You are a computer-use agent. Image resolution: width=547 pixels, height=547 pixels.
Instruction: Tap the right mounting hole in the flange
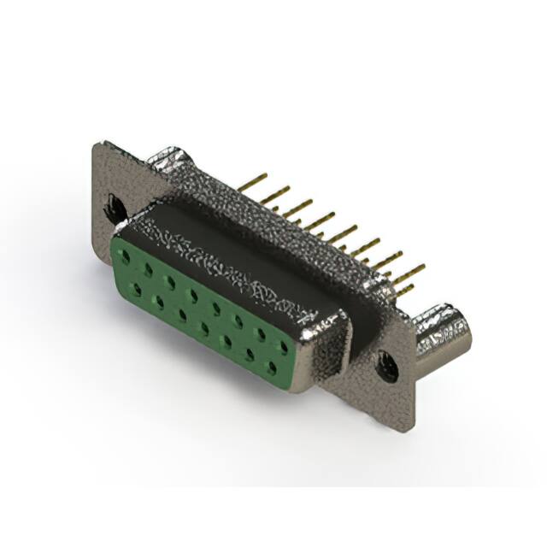coord(388,366)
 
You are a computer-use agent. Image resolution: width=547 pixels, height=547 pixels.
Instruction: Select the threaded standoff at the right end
coord(444,336)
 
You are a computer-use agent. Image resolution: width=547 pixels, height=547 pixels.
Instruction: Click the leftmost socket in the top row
coord(125,256)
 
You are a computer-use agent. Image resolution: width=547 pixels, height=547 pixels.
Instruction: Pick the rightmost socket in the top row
coord(283,347)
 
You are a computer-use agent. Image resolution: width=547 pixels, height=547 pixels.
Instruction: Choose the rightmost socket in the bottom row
coord(272,367)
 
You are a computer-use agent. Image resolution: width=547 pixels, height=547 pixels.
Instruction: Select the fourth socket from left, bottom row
coord(204,328)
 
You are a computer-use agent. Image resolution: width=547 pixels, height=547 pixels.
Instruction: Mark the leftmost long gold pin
coord(254,180)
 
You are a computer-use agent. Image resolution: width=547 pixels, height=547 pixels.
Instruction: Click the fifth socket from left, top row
coord(215,308)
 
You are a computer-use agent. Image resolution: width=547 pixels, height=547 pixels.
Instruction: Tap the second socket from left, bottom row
coord(158,302)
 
